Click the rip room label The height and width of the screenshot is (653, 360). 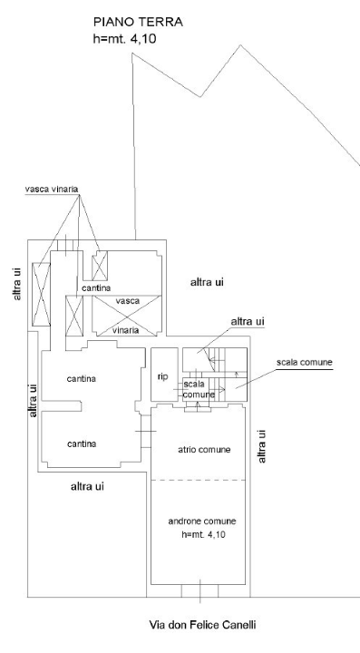tap(162, 375)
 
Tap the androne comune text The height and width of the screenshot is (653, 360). tap(203, 521)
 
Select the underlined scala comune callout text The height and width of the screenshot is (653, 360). tap(305, 362)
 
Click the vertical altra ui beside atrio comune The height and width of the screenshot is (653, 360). tap(263, 446)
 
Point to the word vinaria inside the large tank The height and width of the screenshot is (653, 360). tap(126, 330)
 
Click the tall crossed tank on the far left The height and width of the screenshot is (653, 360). tap(41, 293)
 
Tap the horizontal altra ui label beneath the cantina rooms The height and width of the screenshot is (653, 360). tap(88, 487)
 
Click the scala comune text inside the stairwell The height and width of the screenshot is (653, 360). tap(199, 389)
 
